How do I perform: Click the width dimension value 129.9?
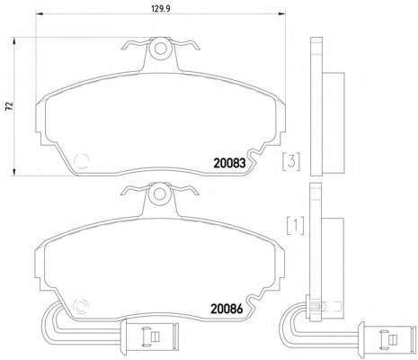pos(161,9)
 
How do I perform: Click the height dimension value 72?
pos(10,106)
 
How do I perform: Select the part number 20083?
pos(229,163)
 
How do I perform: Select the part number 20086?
pos(227,309)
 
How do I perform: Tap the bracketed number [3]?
pos(291,162)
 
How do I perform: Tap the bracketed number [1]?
pos(296,225)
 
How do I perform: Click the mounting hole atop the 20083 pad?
pos(161,49)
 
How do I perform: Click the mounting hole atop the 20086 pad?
pos(159,193)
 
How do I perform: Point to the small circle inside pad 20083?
pos(82,161)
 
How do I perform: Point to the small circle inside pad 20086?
pos(81,307)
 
